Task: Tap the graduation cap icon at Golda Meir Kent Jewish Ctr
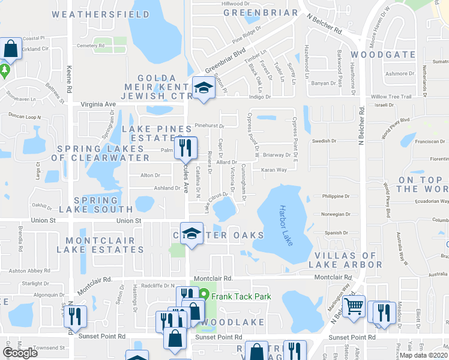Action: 203,88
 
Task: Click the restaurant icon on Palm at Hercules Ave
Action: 185,148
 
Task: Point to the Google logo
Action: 21,353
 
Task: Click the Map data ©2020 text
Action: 423,355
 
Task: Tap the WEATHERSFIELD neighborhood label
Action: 101,13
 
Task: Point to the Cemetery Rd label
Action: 91,46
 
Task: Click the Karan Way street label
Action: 274,170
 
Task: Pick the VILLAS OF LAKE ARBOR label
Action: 345,259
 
